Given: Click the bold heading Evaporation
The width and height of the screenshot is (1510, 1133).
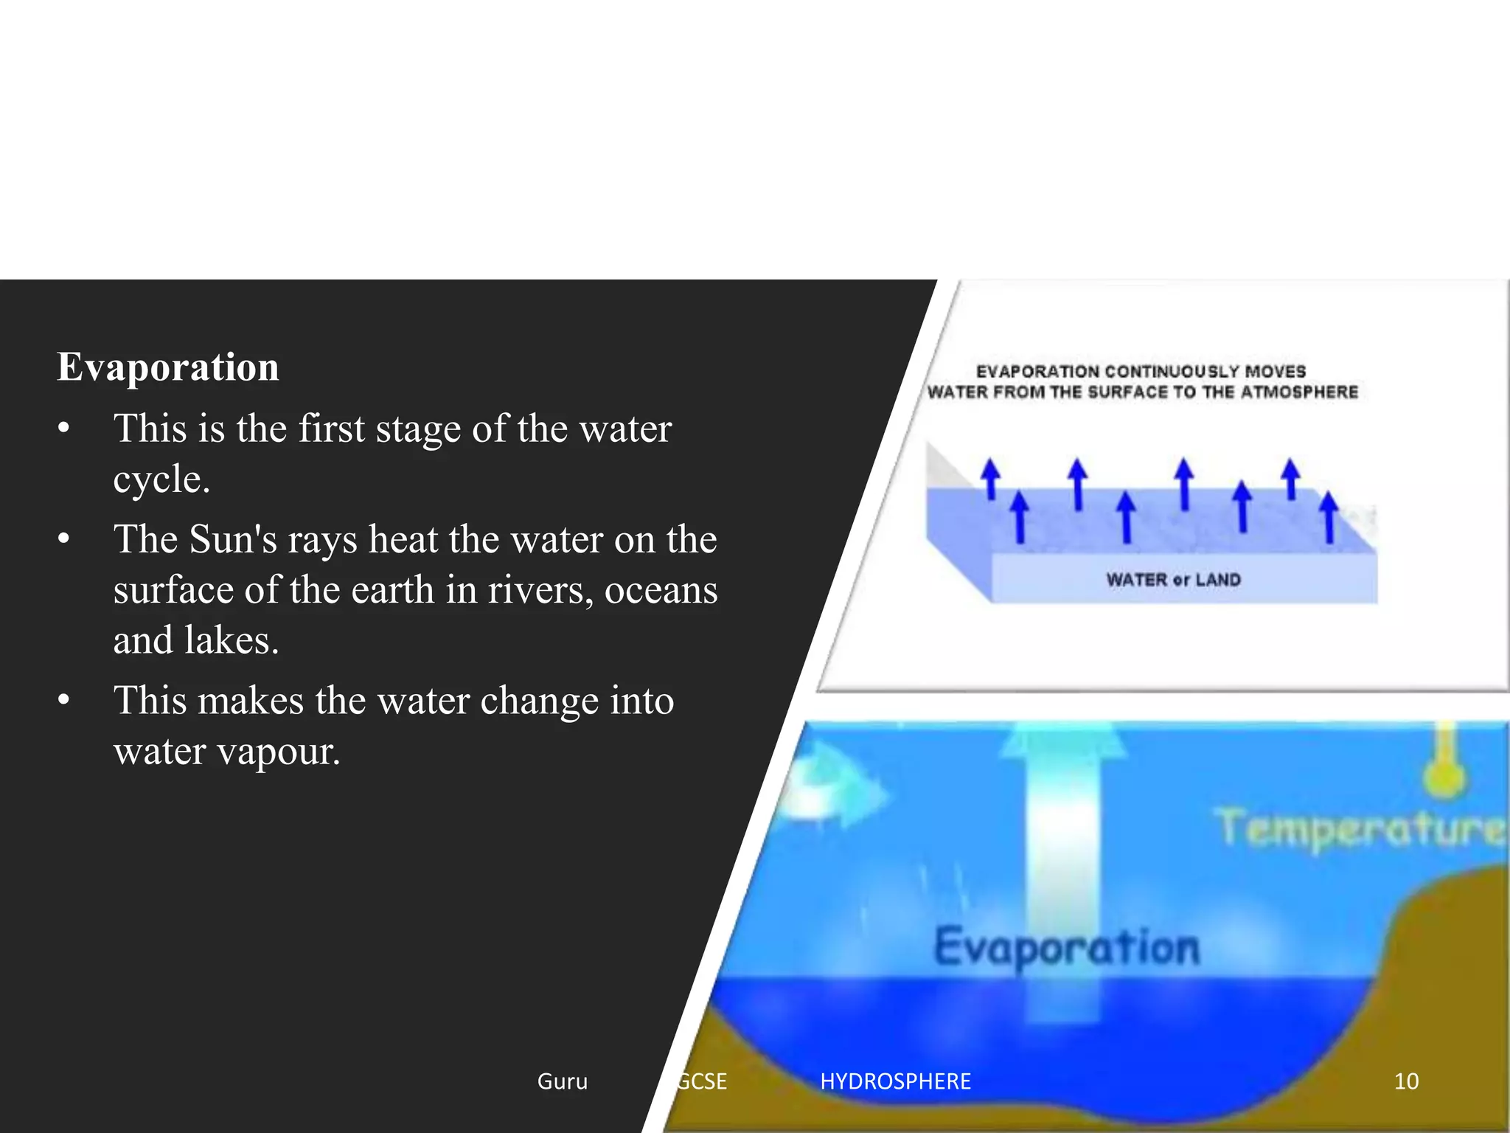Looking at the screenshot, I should (168, 367).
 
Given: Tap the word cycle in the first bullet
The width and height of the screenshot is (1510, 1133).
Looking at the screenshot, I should (160, 479).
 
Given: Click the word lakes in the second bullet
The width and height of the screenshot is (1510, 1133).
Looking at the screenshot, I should (231, 640).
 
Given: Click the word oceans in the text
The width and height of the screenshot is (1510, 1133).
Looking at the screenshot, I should (661, 590).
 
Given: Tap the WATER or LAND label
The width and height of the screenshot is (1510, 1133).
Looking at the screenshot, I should (1173, 580).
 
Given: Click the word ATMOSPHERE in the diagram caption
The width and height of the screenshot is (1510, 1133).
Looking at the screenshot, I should (1298, 392).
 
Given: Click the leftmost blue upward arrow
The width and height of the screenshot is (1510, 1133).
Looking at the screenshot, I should (991, 478).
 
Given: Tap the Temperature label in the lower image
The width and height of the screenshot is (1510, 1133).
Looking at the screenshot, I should (1360, 830).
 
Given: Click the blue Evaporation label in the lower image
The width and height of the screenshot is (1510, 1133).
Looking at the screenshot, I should (1066, 948).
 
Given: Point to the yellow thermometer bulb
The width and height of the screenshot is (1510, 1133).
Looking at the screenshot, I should (1446, 777).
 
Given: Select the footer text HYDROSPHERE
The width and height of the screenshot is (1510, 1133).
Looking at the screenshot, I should (895, 1081).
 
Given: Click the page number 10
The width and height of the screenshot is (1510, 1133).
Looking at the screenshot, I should (1406, 1081).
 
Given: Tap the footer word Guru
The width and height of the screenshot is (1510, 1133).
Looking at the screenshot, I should (563, 1081).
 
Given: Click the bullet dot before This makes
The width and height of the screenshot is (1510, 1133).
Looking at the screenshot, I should (64, 700).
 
